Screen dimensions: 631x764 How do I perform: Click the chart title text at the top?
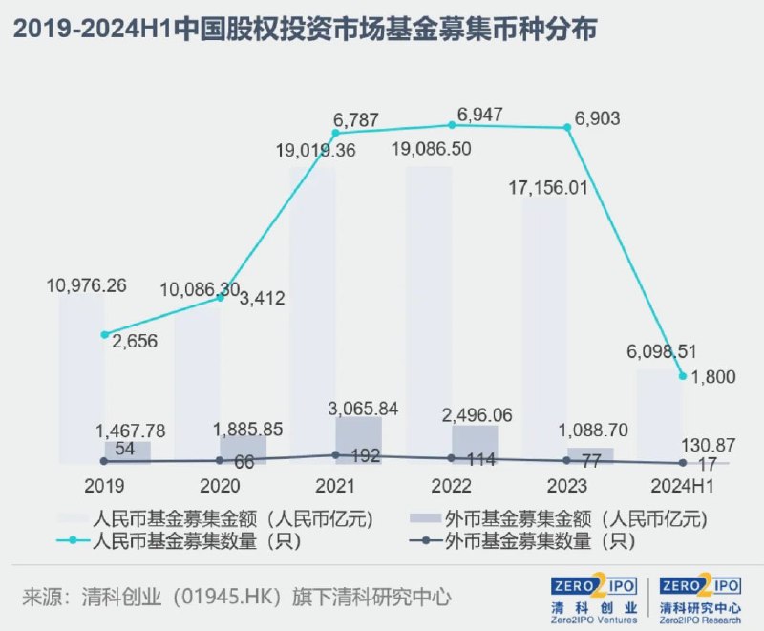306,30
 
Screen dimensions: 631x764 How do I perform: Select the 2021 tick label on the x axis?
335,486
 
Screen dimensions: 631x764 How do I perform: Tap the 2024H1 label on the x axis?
684,486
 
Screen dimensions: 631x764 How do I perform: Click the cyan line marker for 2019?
104,335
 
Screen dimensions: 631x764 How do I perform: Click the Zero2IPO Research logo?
702,597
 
